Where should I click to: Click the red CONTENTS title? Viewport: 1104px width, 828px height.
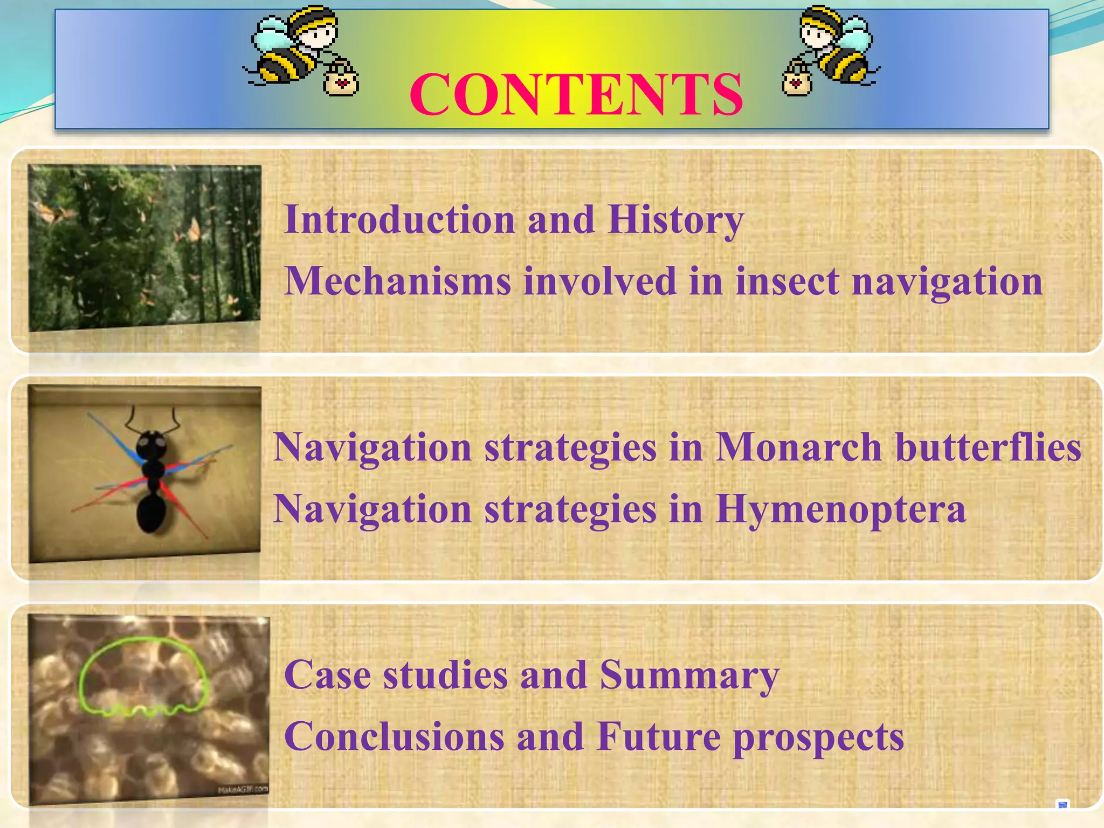(576, 95)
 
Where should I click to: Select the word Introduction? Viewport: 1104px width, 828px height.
(399, 220)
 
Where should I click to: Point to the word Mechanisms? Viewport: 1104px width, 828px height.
(397, 281)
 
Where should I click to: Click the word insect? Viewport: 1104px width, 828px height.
(787, 281)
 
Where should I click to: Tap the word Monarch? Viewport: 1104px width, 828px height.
(798, 447)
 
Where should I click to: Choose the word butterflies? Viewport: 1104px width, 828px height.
(988, 447)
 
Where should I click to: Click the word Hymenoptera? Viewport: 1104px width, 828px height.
(840, 510)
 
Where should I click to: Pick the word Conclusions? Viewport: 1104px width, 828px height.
(394, 737)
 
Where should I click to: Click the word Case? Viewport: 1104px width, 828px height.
(327, 675)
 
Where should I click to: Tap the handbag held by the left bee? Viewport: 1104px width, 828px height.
(341, 79)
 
